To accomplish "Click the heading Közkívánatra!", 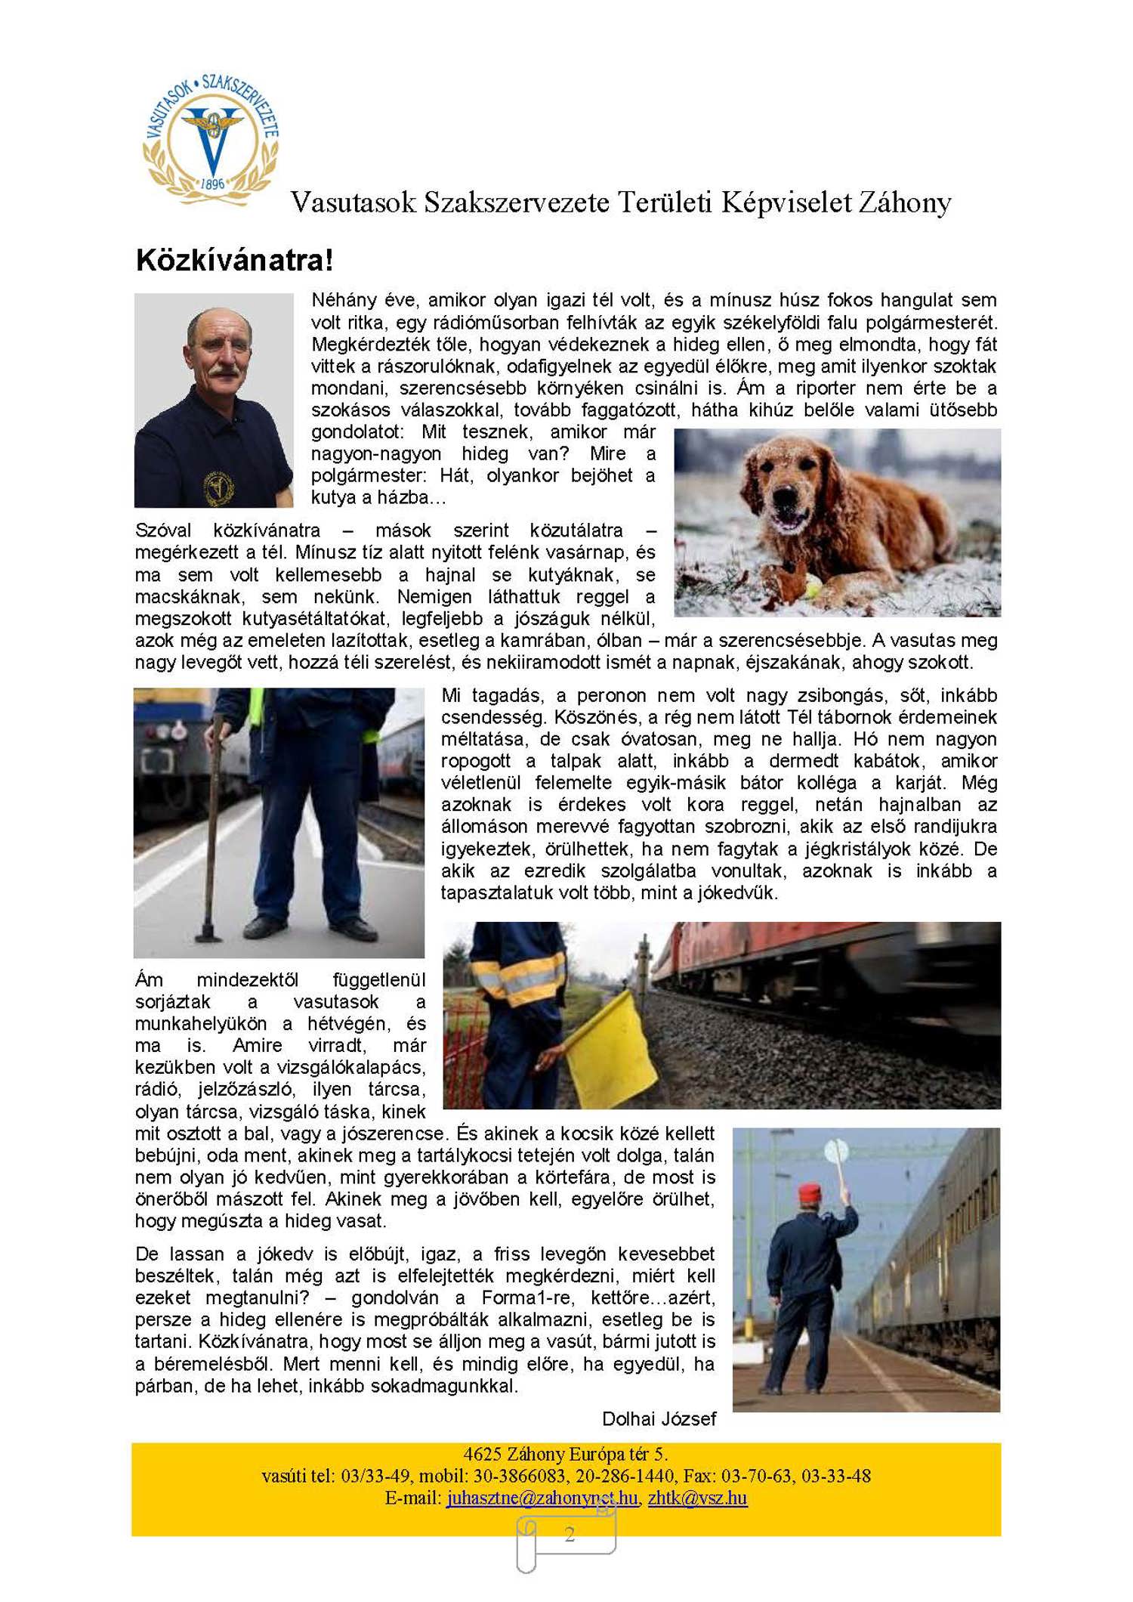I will click(x=234, y=261).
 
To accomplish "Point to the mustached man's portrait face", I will click(x=220, y=347).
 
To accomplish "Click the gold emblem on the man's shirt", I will click(x=219, y=488).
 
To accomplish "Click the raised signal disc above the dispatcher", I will click(x=836, y=1152).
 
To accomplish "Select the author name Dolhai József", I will click(x=659, y=1419).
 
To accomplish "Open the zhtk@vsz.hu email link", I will click(x=697, y=1498).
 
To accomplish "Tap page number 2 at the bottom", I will click(x=570, y=1534).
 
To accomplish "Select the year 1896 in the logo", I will click(x=212, y=184).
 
